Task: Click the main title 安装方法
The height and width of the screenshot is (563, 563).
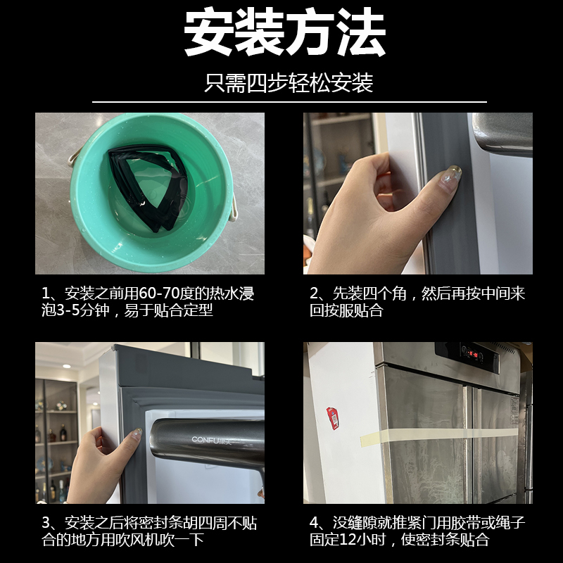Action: coord(284,32)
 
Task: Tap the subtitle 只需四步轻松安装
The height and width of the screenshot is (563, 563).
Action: coord(288,83)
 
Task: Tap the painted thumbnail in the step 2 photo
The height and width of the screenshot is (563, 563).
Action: coord(454,172)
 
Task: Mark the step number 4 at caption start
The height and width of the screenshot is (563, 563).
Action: coord(315,523)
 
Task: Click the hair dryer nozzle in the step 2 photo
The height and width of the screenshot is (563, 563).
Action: coord(502,134)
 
